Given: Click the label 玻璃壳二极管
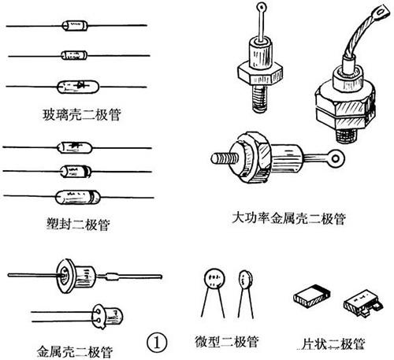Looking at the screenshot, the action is (x=82, y=115).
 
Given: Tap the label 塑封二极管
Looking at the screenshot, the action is (x=78, y=225).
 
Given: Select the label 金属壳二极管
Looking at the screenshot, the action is (x=75, y=351).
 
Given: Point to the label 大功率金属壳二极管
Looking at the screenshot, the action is (x=288, y=218).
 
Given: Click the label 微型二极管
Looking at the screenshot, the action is (x=227, y=342).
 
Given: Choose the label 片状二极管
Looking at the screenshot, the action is (x=333, y=344).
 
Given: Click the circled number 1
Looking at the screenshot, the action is (x=157, y=343).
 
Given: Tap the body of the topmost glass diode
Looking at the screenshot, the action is (x=75, y=25).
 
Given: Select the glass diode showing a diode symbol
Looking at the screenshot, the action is (x=78, y=87).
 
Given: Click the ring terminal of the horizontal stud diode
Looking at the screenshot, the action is (x=335, y=158).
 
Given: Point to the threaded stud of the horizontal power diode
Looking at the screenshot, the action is (x=225, y=158).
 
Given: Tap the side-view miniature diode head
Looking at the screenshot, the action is (x=245, y=280).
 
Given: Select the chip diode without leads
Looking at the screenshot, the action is (x=311, y=295).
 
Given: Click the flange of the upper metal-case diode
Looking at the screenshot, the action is (x=65, y=276).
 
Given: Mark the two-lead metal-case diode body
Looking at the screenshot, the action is (x=107, y=317).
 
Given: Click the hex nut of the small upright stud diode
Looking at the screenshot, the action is (x=260, y=72).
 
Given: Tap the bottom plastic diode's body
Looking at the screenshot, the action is (x=78, y=198).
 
